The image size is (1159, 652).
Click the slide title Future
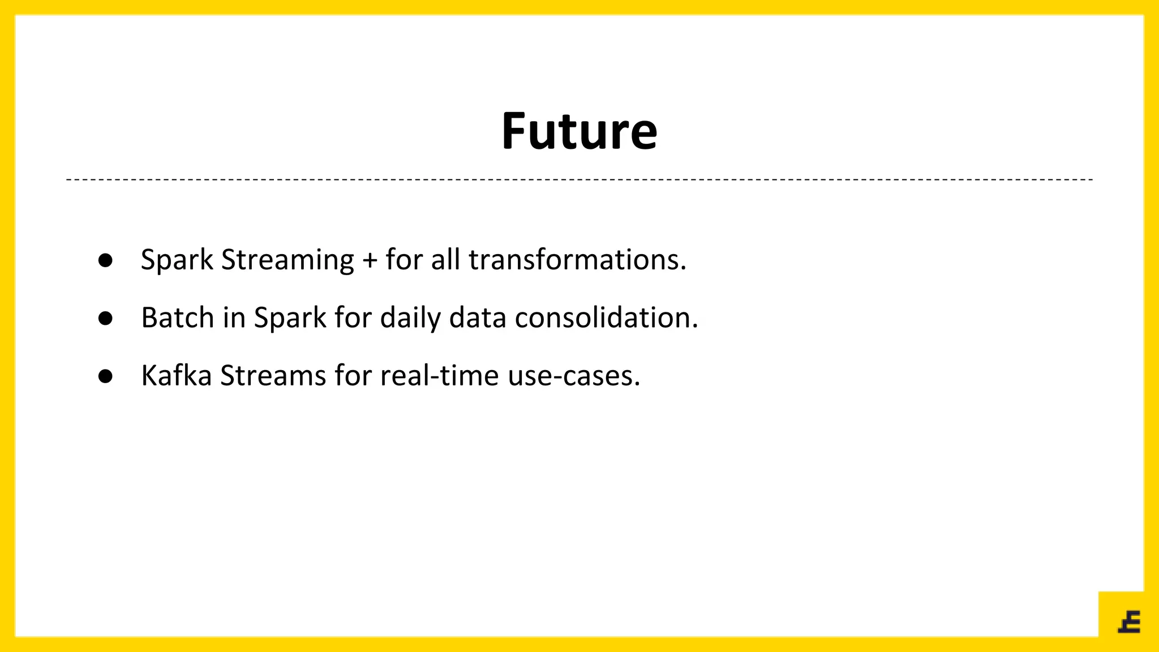(579, 131)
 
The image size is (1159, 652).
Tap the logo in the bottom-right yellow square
(1129, 621)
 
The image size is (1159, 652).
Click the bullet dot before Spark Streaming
(105, 260)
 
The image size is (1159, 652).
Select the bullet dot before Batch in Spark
(105, 318)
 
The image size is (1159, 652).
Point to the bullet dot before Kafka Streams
(105, 376)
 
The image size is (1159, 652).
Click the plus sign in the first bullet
(370, 261)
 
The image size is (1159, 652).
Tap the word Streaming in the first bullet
(287, 261)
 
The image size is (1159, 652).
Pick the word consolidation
(606, 318)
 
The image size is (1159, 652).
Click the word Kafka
(176, 375)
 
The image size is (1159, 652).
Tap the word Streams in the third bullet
(273, 375)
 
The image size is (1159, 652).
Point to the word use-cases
(573, 376)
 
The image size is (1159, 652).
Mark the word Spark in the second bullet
(290, 319)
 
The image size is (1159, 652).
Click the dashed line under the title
(579, 179)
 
